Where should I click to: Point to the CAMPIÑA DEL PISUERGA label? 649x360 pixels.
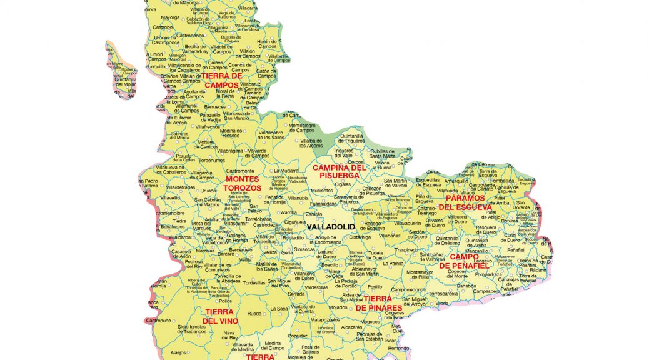338,171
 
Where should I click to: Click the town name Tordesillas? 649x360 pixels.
254,282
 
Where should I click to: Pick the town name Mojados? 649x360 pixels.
338,307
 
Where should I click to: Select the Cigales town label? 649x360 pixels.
343,184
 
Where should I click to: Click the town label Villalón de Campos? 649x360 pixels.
247,54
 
